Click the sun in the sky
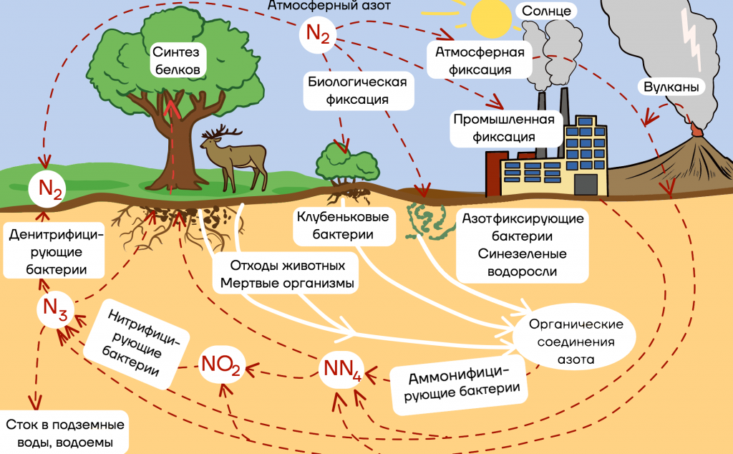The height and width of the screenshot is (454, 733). click(491, 17)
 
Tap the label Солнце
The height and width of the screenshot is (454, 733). click(546, 11)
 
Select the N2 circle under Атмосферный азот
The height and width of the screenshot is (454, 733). click(318, 34)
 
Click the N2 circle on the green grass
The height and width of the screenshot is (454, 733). click(47, 189)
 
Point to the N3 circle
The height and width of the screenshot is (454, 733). click(55, 309)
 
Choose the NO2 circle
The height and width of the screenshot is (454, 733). click(222, 364)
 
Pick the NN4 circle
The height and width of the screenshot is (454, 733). click(341, 370)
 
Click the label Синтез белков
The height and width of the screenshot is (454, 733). click(177, 61)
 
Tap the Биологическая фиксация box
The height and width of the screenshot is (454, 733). click(358, 91)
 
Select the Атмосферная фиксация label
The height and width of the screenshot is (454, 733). click(480, 61)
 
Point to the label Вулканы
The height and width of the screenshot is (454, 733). click(671, 87)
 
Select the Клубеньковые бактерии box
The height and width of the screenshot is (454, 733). click(344, 226)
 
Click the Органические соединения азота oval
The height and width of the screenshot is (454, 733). click(575, 342)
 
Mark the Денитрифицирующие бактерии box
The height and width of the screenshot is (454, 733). click(54, 251)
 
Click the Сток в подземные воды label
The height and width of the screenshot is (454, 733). click(64, 433)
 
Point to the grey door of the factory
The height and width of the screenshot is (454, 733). click(586, 184)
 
